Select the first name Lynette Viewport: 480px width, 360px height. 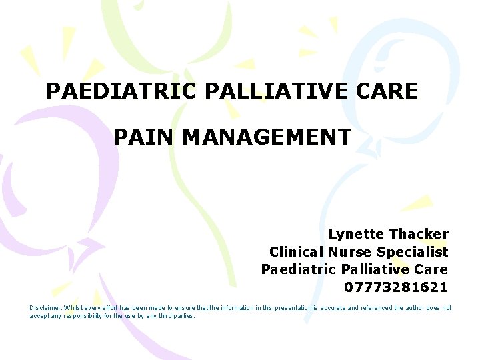[356, 234]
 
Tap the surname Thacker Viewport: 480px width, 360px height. [419, 234]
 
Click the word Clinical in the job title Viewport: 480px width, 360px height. [296, 252]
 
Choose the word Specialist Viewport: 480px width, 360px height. [413, 252]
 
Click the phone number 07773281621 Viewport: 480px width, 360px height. [396, 288]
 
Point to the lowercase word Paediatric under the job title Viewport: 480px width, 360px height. [299, 270]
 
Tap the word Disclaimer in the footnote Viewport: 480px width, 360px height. [45, 308]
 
